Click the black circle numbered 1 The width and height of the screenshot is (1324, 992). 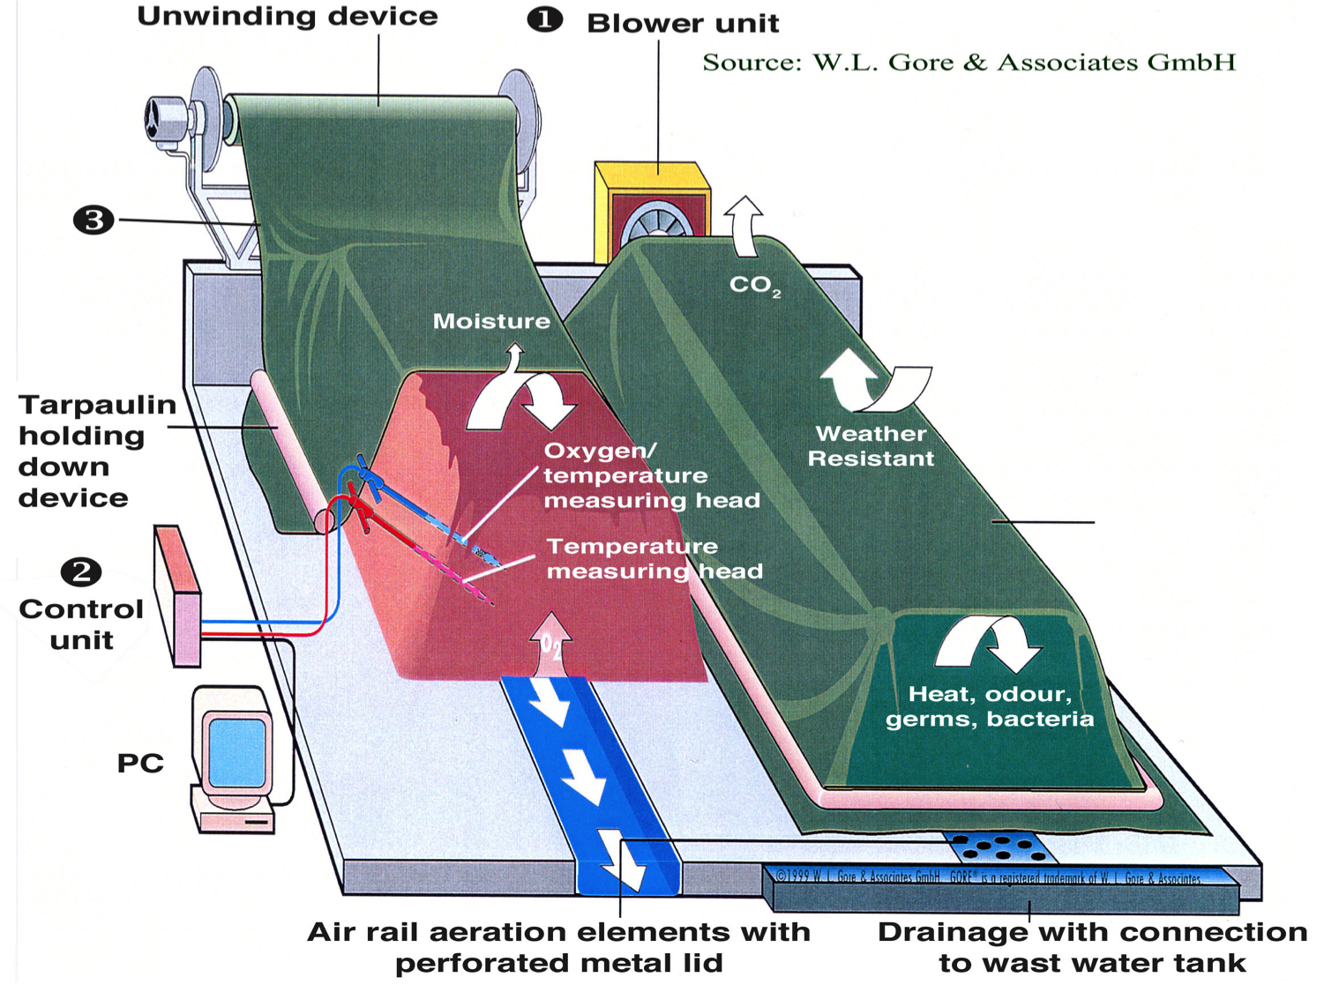544,19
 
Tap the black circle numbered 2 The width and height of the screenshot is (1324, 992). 81,572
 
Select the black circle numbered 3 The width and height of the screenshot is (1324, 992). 94,220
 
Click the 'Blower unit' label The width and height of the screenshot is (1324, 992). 683,23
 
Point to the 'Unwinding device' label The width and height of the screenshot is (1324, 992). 288,16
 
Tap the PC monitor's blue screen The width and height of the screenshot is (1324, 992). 236,751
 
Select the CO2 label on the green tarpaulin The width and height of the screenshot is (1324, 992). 754,285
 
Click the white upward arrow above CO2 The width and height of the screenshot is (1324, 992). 744,224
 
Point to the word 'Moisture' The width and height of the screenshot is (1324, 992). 491,321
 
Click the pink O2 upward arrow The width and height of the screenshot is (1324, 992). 551,645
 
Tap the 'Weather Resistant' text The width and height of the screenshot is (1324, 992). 871,446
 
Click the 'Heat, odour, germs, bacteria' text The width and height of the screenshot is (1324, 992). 990,706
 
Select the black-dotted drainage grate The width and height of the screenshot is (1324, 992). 999,847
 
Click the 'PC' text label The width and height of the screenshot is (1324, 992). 140,763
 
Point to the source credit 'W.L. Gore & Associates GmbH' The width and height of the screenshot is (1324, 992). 969,63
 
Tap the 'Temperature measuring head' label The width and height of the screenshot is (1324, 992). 654,559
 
